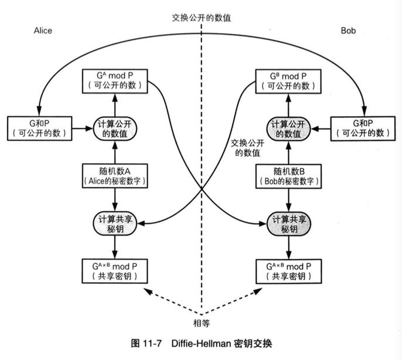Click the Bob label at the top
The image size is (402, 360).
[350, 30]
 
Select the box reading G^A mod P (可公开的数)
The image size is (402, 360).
[115, 80]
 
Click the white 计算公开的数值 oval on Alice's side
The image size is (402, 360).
[115, 128]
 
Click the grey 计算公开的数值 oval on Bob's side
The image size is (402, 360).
[287, 128]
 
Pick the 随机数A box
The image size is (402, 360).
[115, 175]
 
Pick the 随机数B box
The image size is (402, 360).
[287, 175]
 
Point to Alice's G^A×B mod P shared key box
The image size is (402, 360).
[115, 270]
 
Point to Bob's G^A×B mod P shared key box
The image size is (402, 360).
[287, 270]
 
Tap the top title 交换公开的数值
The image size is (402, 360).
[202, 18]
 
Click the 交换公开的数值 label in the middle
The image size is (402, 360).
[247, 147]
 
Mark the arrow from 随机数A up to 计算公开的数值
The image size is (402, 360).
[115, 152]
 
